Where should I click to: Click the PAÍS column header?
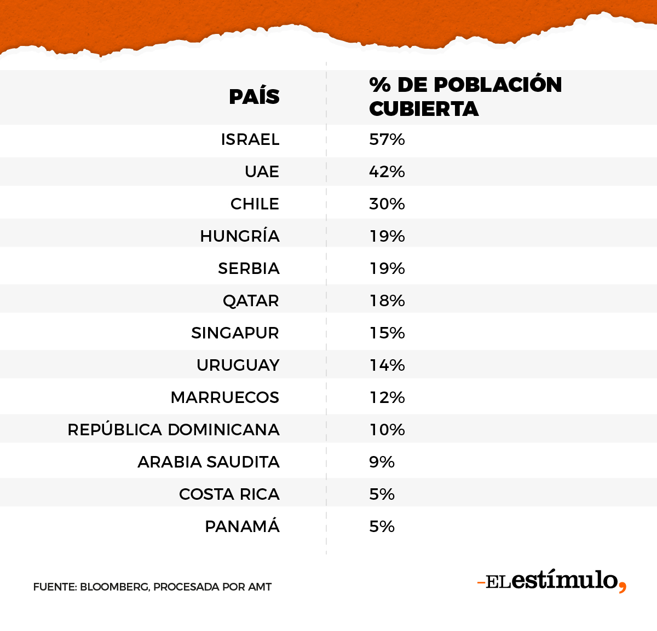pyautogui.click(x=254, y=97)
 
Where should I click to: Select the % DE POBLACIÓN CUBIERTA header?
pyautogui.click(x=465, y=97)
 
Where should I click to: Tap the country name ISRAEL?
pyautogui.click(x=250, y=139)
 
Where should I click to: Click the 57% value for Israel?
pyautogui.click(x=387, y=139)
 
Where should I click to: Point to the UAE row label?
pyautogui.click(x=262, y=172)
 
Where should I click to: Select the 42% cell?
pyautogui.click(x=387, y=172)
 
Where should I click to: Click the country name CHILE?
pyautogui.click(x=255, y=204)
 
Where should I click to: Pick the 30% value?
pyautogui.click(x=387, y=204)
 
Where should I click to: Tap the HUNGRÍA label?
pyautogui.click(x=240, y=236)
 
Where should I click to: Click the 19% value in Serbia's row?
pyautogui.click(x=387, y=268)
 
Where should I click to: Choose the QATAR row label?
pyautogui.click(x=251, y=301)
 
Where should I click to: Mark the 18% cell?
pyautogui.click(x=387, y=301)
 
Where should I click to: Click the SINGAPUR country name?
pyautogui.click(x=235, y=333)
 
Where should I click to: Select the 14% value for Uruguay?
pyautogui.click(x=387, y=365)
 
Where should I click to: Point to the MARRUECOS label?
pyautogui.click(x=224, y=398)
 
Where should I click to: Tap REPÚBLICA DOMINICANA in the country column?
pyautogui.click(x=174, y=430)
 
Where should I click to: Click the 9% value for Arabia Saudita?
pyautogui.click(x=382, y=462)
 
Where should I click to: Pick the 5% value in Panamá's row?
pyautogui.click(x=382, y=527)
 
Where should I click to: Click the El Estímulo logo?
pyautogui.click(x=551, y=581)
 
